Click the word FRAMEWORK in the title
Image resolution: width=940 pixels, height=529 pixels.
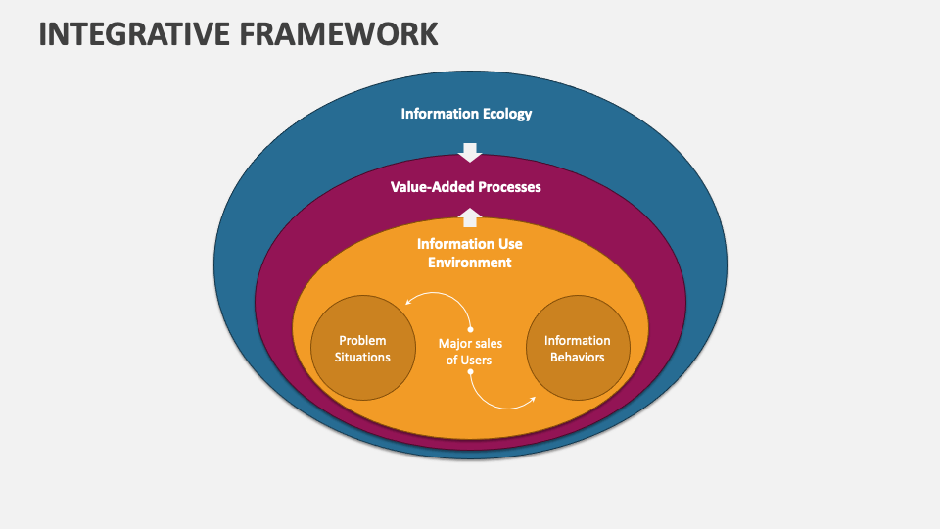(339, 33)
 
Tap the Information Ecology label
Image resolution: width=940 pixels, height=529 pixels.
(466, 114)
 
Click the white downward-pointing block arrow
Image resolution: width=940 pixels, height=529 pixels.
(470, 153)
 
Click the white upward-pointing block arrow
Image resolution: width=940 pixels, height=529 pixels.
(470, 217)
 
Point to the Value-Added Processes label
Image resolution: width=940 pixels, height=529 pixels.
(466, 187)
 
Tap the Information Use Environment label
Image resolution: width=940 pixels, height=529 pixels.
(469, 253)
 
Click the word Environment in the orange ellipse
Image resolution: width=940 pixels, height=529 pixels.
(469, 263)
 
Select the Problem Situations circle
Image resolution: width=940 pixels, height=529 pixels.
(362, 347)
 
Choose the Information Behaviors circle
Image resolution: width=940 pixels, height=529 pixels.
(578, 347)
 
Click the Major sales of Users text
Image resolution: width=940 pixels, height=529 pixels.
(470, 352)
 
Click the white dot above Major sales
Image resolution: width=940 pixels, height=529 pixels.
(471, 329)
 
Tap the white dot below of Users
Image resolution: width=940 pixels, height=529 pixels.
(471, 372)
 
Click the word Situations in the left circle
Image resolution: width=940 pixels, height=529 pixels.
(362, 357)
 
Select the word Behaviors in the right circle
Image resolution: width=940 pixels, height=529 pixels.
(578, 357)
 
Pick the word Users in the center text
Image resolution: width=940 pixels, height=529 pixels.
(477, 360)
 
